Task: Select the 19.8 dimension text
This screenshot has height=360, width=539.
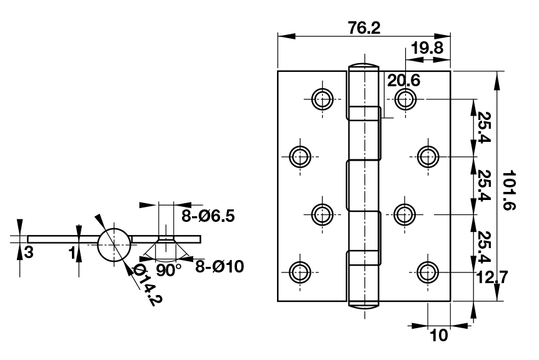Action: coord(428,47)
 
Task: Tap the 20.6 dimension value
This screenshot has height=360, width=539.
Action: coord(403,81)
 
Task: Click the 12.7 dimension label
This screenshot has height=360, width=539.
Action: coord(492,276)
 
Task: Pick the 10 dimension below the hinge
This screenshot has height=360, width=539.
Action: coord(440,335)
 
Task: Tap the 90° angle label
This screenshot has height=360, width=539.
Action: coord(168,270)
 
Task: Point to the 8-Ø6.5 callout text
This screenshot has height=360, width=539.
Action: coord(208,217)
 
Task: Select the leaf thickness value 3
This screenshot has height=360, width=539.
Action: coord(29,252)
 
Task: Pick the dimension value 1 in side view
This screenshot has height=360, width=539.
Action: coord(73,252)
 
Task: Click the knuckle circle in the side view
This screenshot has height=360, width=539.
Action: coord(114,244)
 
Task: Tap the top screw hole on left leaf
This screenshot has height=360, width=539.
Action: coord(322,98)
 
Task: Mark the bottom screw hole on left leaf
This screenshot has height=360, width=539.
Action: coord(301,271)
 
